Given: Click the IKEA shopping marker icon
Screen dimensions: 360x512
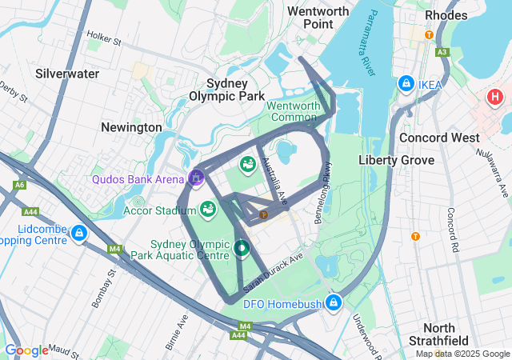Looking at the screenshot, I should (x=406, y=85).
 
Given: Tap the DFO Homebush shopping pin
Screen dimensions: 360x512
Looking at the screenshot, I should (x=334, y=302).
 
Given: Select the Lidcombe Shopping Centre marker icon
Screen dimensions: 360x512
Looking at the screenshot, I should (x=78, y=234).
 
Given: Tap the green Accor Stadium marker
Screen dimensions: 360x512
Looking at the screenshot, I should (x=208, y=210).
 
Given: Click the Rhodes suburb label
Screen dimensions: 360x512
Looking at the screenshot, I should (x=446, y=15).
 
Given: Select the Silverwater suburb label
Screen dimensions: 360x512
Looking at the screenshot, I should (x=67, y=74).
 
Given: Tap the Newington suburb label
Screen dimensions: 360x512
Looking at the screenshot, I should (x=131, y=127).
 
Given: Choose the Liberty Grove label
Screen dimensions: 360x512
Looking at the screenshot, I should (x=396, y=160).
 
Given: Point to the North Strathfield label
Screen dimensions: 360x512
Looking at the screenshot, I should (x=450, y=334).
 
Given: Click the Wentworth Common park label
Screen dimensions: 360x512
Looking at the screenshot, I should (x=293, y=111).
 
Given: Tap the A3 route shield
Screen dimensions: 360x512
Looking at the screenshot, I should (x=442, y=52).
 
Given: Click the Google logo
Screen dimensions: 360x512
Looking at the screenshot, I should (x=26, y=350).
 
